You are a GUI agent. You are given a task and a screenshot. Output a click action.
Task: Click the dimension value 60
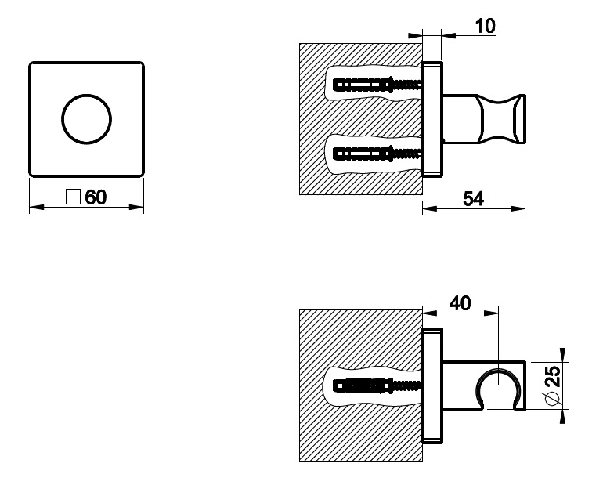96,197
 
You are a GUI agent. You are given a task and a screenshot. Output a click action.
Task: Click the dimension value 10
485,26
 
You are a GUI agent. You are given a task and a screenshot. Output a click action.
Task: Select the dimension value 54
473,198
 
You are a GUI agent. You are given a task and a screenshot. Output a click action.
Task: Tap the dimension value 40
460,303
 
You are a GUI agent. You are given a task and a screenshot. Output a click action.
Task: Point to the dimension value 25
552,385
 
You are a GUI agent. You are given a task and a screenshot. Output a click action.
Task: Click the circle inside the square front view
86,118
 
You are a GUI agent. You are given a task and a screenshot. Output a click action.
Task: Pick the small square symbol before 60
74,197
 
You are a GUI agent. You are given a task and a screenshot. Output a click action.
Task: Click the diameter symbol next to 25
552,400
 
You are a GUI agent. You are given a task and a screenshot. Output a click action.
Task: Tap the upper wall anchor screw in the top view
376,82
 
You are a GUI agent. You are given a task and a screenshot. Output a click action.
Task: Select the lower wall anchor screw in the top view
376,151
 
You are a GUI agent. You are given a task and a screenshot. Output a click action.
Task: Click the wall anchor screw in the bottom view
376,385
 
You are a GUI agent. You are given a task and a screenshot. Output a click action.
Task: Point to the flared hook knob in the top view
507,118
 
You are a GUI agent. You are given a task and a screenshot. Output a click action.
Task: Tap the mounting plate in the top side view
432,118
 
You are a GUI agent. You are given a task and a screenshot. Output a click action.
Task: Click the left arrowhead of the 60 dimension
34,208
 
